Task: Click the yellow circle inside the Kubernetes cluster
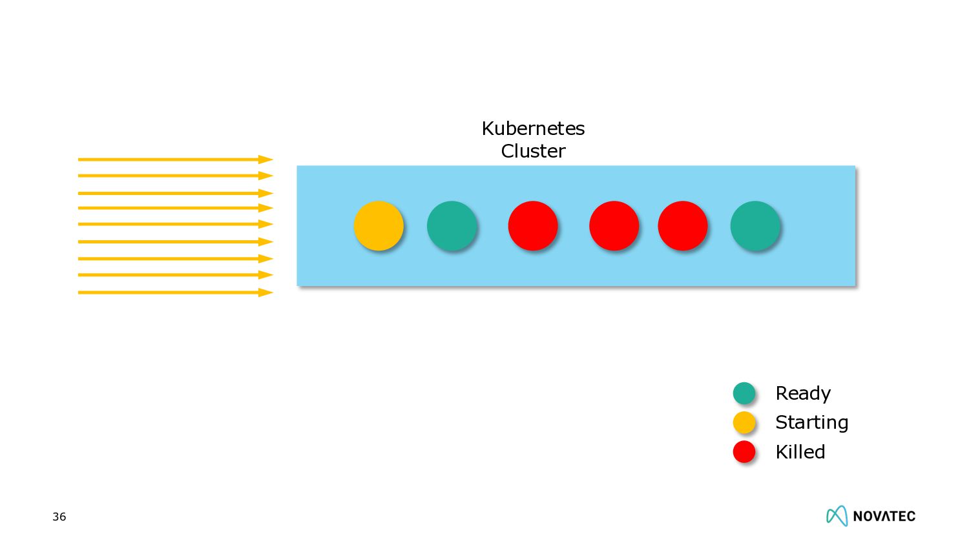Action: [379, 225]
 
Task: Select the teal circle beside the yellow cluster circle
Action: [452, 225]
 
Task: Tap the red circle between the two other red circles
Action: [614, 225]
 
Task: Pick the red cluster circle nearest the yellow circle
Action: [533, 225]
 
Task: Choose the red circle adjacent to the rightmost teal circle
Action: [682, 225]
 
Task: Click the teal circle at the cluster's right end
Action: [755, 225]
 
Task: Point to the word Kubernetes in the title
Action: [533, 129]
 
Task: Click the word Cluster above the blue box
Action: [533, 151]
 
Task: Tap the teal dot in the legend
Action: [744, 393]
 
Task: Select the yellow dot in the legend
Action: [744, 422]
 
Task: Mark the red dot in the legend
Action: [744, 451]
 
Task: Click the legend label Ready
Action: [803, 393]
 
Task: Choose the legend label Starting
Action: [811, 422]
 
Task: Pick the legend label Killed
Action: [800, 452]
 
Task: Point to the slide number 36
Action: [59, 517]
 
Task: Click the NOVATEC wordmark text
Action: [884, 516]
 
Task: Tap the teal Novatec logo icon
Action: [837, 515]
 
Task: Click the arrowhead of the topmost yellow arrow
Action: [266, 159]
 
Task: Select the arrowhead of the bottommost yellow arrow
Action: [266, 293]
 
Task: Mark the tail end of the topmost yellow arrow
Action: [80, 159]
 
